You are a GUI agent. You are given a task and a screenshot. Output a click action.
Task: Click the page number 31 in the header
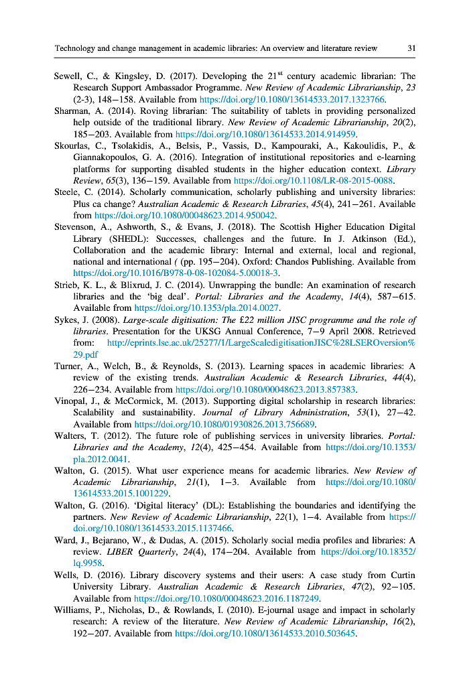(x=411, y=48)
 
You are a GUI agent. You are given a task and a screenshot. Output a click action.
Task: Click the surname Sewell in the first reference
(x=68, y=76)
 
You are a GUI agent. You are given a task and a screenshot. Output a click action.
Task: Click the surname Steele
(x=67, y=192)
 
